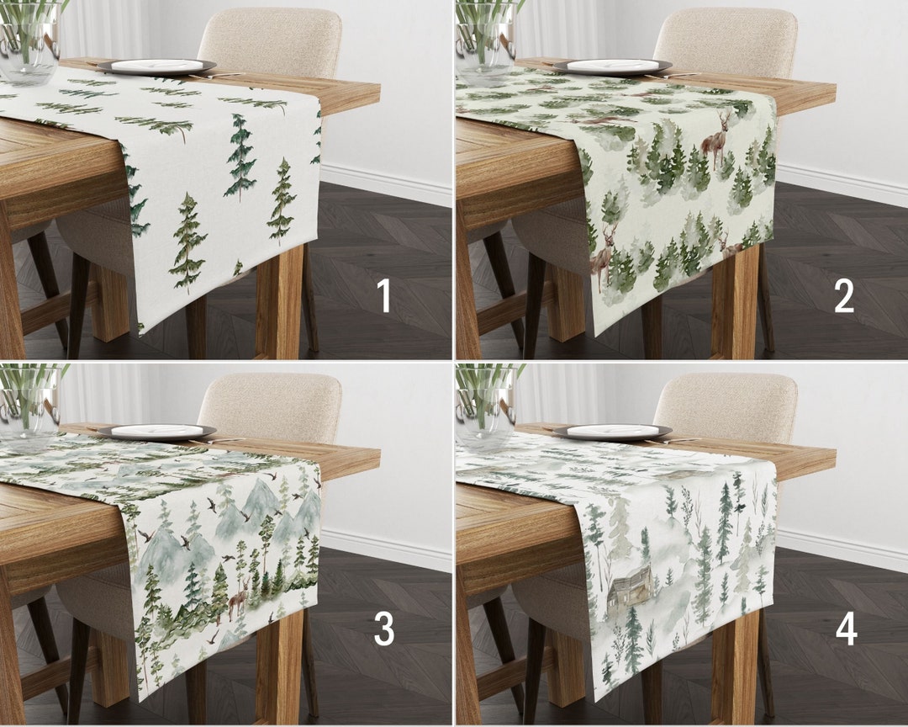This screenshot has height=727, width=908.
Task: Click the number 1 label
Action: tap(384, 296)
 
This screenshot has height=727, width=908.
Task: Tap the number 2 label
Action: tap(843, 296)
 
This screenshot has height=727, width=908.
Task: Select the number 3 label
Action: tap(384, 629)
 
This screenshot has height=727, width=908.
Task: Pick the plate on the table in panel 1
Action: tap(156, 66)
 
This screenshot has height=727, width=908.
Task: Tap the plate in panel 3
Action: tap(156, 432)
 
